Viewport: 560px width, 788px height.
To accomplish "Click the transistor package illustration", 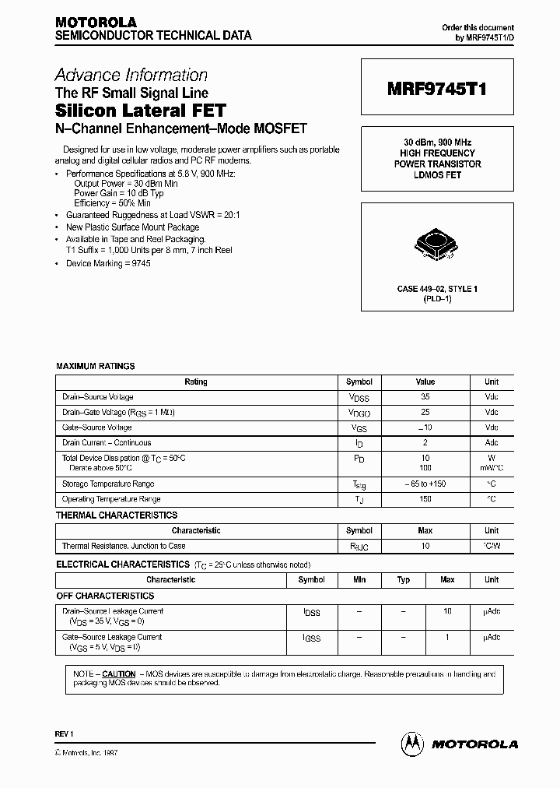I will [437, 241].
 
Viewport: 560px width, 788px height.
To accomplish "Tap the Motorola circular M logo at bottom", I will [411, 744].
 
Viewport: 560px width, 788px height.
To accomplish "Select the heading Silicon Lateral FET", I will [140, 111].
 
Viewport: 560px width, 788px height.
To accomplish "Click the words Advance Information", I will [131, 76].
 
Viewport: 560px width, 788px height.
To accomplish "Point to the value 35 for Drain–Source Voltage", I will [425, 396].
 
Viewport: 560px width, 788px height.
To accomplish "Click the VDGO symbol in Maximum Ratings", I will [359, 413].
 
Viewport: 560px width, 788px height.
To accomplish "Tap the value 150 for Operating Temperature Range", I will [425, 499].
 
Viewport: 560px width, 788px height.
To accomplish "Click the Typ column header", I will [403, 580].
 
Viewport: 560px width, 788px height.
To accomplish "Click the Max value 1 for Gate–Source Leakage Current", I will [447, 637].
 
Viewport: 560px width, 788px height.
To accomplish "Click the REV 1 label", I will [63, 734].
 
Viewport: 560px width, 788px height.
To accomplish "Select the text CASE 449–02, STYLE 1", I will [437, 289].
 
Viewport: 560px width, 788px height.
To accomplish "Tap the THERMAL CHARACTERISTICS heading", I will [117, 515].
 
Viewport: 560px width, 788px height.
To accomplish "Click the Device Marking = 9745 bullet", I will [108, 263].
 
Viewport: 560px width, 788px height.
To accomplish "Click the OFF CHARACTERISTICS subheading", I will [105, 596].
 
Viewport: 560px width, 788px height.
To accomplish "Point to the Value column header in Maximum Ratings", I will [425, 382].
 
